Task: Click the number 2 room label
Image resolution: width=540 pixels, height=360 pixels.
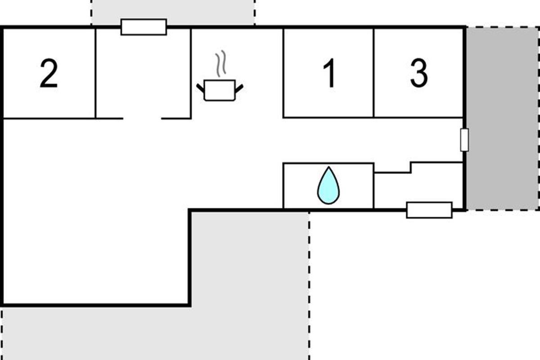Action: coord(49,74)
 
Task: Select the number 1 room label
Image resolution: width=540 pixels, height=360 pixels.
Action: coord(330,74)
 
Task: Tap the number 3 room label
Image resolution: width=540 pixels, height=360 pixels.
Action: coord(418,74)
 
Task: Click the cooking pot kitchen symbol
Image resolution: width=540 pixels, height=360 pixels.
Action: coord(220,90)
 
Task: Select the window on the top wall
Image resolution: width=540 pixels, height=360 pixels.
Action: coord(144,27)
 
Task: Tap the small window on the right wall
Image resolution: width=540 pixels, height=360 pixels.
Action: coord(464,139)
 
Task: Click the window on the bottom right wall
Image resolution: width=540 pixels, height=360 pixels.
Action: coord(429,210)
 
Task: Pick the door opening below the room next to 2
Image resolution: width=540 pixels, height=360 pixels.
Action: coord(142,118)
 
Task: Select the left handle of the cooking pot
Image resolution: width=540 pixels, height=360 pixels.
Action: coord(201,87)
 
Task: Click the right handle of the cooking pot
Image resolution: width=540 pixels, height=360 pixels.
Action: coord(239,87)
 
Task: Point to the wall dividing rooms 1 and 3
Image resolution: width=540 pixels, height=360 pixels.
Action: coord(374,73)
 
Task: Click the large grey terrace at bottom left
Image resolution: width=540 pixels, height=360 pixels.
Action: coord(135,333)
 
